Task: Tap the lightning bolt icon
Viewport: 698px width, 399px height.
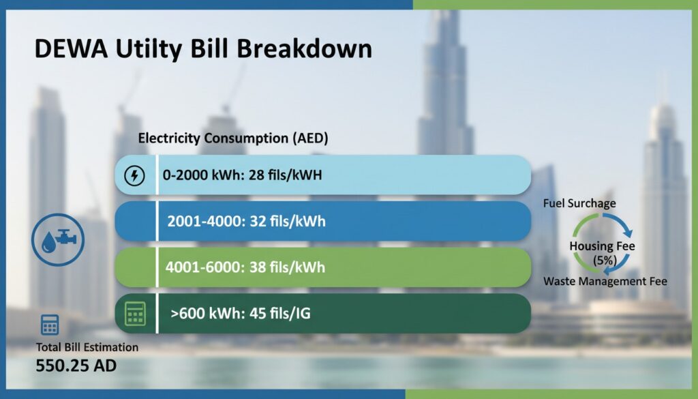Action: click(x=134, y=177)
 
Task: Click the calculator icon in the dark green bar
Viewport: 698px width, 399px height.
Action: click(x=134, y=313)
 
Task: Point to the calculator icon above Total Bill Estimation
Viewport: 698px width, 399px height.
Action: click(x=50, y=325)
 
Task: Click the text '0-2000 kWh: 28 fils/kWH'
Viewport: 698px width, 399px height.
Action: click(x=242, y=175)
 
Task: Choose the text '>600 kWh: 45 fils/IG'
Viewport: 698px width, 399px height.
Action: click(x=241, y=314)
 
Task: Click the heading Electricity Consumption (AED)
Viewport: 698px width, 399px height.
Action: click(x=233, y=138)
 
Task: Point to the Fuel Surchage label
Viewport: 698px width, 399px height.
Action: click(x=579, y=203)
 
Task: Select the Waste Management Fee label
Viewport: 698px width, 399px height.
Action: click(x=605, y=281)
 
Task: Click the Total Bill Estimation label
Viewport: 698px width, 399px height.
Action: click(x=87, y=347)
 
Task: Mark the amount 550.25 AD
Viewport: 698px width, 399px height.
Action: click(x=76, y=366)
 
